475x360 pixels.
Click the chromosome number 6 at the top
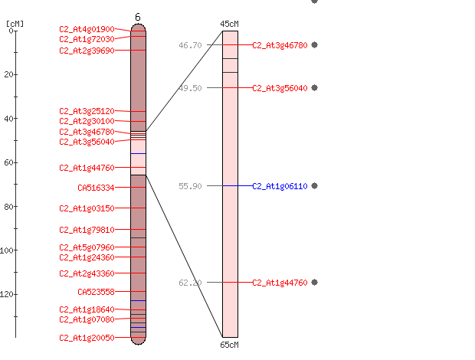[x=138, y=17]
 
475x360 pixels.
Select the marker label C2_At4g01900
[x=87, y=29]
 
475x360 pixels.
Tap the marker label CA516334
[x=96, y=188]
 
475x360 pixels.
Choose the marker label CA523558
[x=96, y=292]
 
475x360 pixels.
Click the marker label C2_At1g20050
[x=87, y=338]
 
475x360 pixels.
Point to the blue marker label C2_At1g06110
[x=280, y=186]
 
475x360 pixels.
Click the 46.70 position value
[x=190, y=45]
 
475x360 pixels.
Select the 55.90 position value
[x=190, y=186]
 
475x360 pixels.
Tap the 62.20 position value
[x=190, y=283]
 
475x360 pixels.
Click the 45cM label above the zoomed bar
[x=229, y=24]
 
